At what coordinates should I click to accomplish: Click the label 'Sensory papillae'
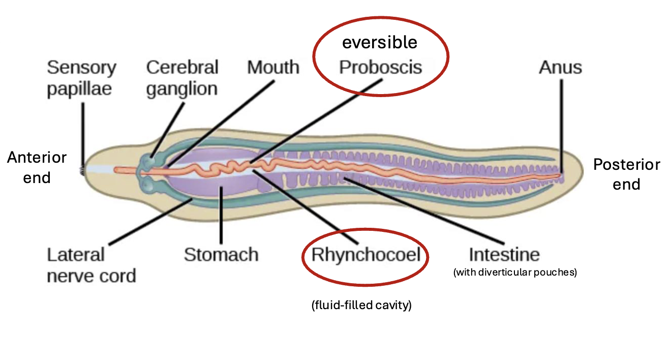pyautogui.click(x=81, y=78)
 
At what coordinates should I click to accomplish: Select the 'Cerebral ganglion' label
pyautogui.click(x=182, y=78)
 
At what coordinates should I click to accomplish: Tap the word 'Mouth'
pyautogui.click(x=273, y=67)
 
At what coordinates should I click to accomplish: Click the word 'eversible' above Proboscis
pyautogui.click(x=379, y=42)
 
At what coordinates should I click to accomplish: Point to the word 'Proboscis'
pyautogui.click(x=381, y=67)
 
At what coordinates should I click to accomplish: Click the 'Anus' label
pyautogui.click(x=560, y=67)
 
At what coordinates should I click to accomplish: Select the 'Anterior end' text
pyautogui.click(x=37, y=167)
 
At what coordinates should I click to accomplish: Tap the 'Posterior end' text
pyautogui.click(x=626, y=174)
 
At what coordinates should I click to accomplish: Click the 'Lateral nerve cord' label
pyautogui.click(x=91, y=265)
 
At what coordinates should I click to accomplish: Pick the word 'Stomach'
pyautogui.click(x=221, y=254)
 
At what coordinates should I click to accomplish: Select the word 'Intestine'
pyautogui.click(x=504, y=254)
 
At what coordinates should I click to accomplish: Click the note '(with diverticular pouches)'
pyautogui.click(x=515, y=273)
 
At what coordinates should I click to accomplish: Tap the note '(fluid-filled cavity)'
pyautogui.click(x=361, y=306)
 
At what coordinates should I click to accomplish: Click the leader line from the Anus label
pyautogui.click(x=562, y=122)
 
